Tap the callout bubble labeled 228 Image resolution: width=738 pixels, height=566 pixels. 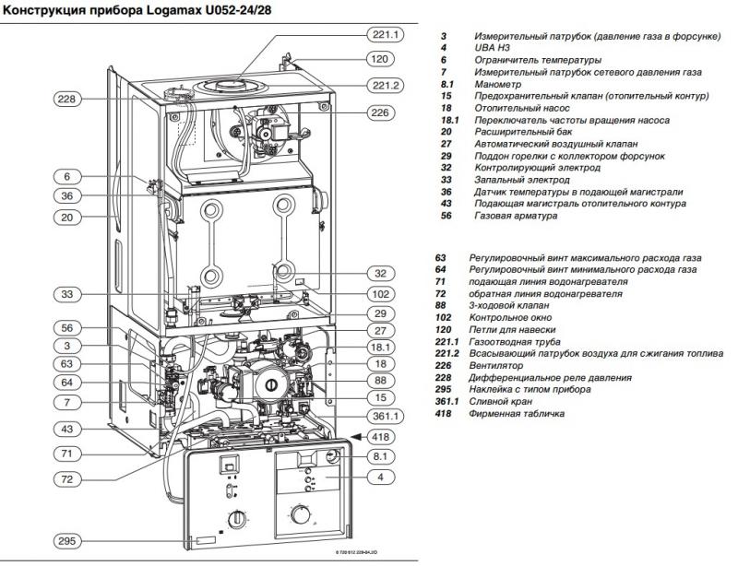67,99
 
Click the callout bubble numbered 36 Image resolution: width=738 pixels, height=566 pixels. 67,195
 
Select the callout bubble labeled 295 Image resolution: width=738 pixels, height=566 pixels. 67,540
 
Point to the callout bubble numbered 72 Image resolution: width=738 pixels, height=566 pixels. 67,478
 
